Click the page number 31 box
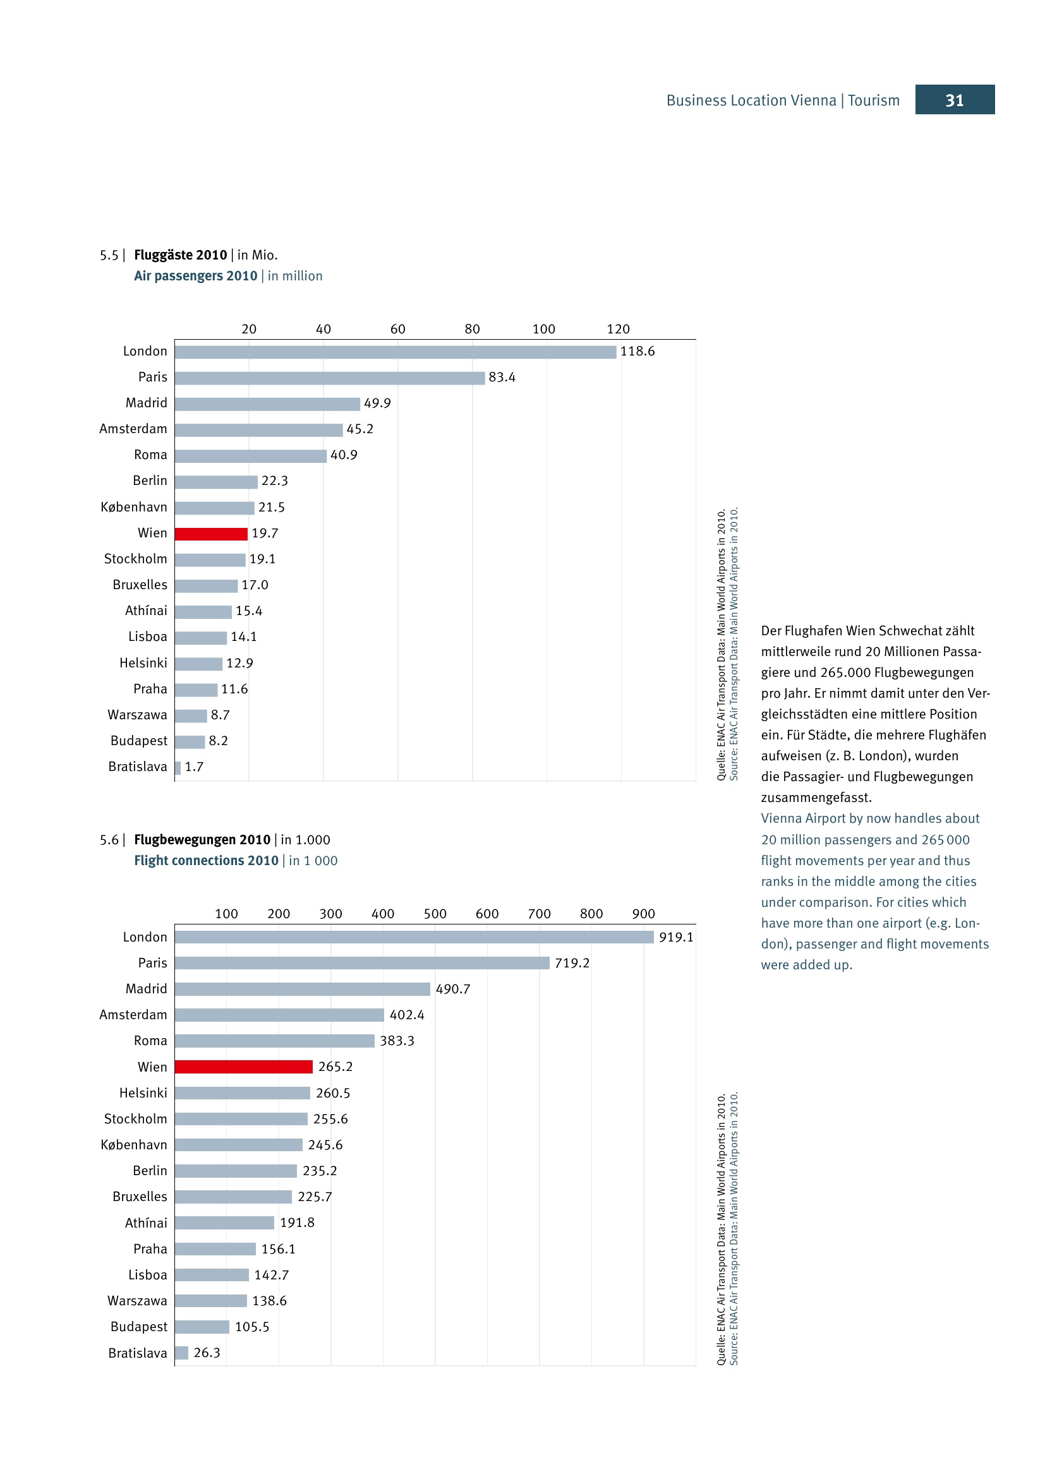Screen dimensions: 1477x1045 [x=954, y=100]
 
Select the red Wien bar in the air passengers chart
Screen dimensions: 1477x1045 [x=211, y=534]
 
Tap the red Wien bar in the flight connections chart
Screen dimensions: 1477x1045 [x=243, y=1067]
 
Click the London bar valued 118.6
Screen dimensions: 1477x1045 [x=395, y=352]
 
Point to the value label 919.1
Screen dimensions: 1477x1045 [x=675, y=937]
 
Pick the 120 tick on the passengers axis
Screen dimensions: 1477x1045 [x=619, y=329]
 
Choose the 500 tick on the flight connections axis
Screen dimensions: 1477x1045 [x=435, y=914]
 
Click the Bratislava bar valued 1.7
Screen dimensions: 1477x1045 [x=178, y=767]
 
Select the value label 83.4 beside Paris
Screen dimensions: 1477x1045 [x=502, y=377]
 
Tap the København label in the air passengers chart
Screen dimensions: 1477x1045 [x=134, y=507]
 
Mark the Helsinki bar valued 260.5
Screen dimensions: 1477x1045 [x=242, y=1093]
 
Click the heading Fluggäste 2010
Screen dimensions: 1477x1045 [x=180, y=254]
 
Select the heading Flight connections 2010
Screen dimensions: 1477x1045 [x=206, y=861]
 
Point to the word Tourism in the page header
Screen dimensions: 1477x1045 [x=873, y=100]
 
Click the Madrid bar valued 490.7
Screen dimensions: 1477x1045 [x=302, y=989]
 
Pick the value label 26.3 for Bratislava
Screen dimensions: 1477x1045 [x=207, y=1353]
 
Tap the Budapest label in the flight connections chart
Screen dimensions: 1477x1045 [x=138, y=1327]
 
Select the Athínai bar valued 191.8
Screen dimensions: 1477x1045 [x=224, y=1223]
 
